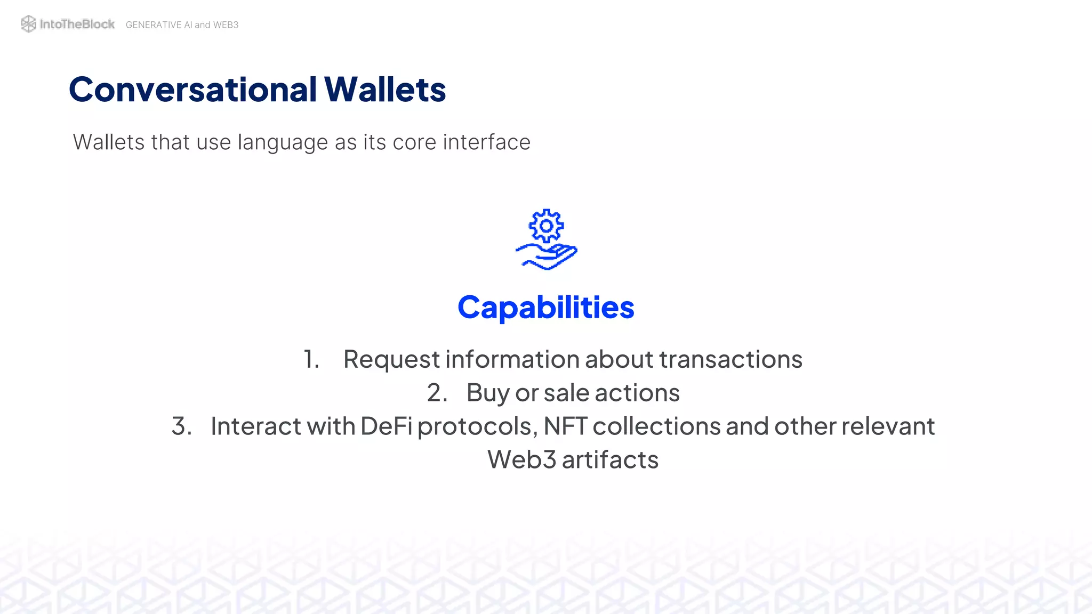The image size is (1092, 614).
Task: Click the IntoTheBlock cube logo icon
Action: pos(28,24)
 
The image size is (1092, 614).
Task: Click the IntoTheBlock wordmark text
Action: pos(77,24)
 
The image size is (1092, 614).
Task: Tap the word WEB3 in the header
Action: pos(226,25)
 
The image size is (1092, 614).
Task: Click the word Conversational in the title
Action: pos(193,89)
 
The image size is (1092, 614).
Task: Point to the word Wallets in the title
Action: pos(385,89)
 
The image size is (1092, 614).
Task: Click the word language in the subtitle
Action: pos(283,143)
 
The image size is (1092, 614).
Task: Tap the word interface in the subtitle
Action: pos(486,142)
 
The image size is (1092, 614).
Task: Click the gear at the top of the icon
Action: pos(546,226)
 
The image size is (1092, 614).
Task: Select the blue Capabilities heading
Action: pos(546,308)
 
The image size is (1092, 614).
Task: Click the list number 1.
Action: pos(310,359)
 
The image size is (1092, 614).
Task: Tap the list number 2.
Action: pos(437,393)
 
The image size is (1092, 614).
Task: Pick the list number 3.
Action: pos(181,426)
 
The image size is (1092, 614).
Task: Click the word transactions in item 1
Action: pos(730,359)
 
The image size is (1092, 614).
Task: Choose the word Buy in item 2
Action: pos(488,393)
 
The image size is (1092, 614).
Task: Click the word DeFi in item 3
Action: pos(386,426)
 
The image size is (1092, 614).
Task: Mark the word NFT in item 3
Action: pos(565,426)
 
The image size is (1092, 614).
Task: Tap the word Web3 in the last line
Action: pos(521,460)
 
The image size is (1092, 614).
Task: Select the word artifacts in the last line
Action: pos(610,460)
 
